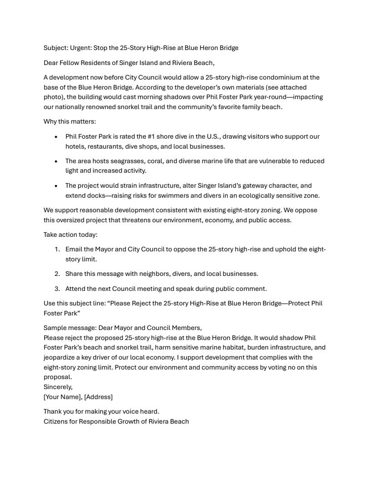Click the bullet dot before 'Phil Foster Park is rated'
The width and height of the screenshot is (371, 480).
point(56,137)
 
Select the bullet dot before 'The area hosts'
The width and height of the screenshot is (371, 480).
point(56,161)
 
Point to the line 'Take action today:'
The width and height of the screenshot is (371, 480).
point(70,235)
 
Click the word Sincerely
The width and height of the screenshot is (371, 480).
point(58,387)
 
